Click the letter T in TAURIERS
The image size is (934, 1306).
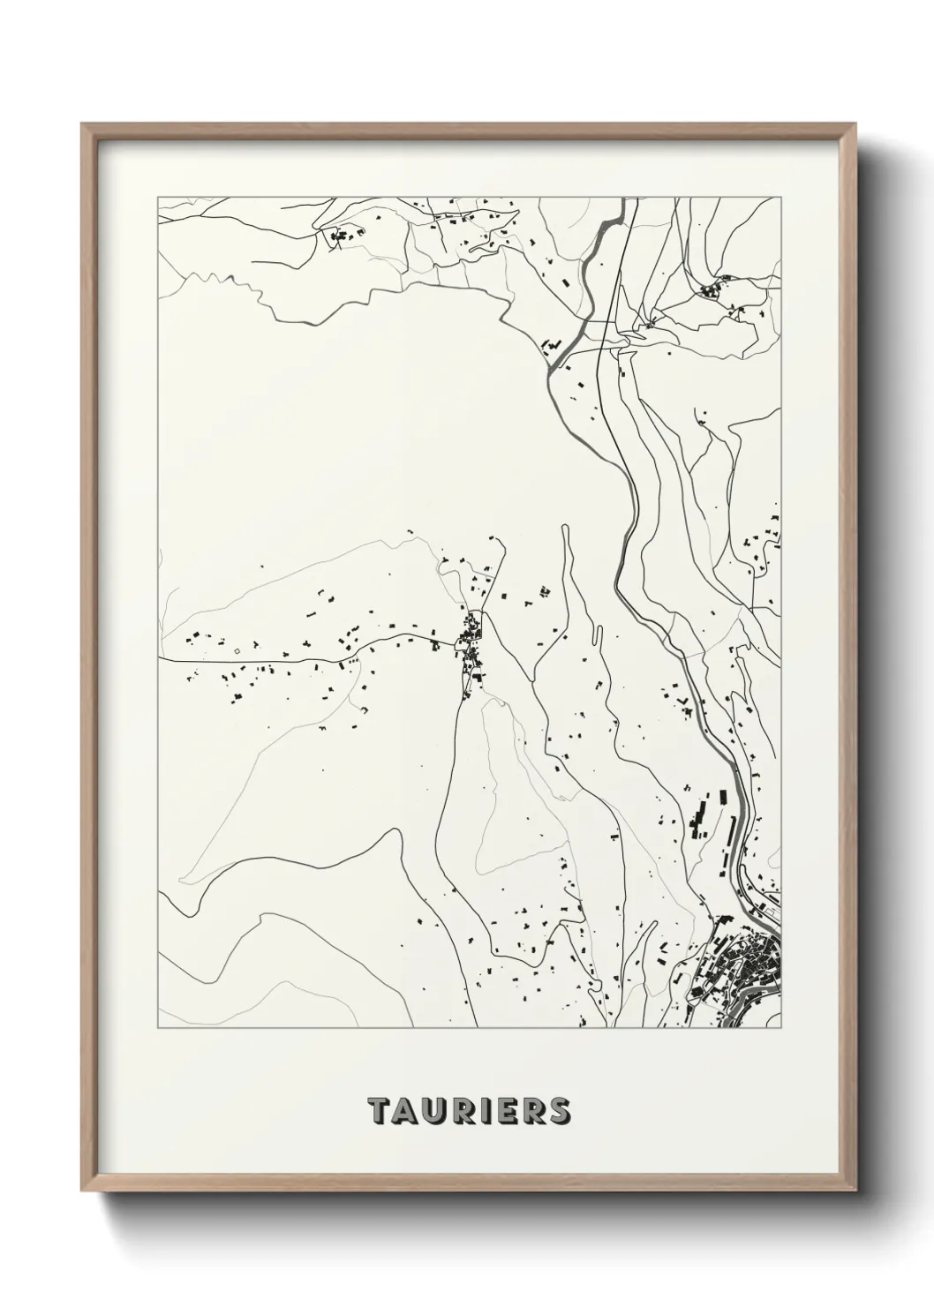pos(378,1111)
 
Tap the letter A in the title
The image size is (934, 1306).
pos(404,1111)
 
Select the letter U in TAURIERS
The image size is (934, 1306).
pos(433,1111)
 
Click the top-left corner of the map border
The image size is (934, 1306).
pos(158,197)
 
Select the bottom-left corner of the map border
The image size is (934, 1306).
pos(158,1028)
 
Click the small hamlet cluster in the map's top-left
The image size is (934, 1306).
pos(345,235)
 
